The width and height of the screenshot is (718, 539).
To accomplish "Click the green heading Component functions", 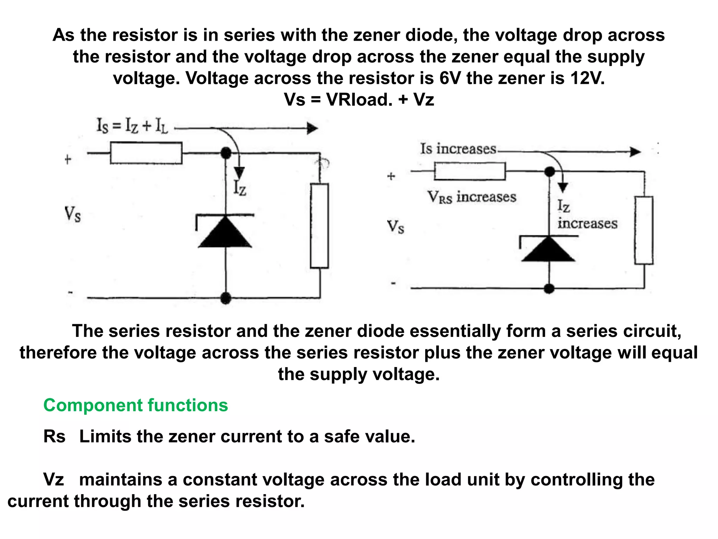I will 135,405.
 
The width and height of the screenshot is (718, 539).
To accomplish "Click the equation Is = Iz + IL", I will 133,126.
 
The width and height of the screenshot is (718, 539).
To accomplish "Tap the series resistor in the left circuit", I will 146,153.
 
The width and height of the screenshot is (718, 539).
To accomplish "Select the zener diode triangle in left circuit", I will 225,233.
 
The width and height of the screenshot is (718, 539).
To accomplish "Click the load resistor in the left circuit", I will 319,226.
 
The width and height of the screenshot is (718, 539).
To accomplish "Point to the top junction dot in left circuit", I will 226,153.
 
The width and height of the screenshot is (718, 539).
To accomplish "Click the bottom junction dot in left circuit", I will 226,298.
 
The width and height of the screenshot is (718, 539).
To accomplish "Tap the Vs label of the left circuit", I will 73,214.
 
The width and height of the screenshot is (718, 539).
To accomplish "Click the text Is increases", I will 458,149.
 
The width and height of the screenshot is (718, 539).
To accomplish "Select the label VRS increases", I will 472,197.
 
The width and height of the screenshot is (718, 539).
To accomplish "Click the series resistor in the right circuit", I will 470,171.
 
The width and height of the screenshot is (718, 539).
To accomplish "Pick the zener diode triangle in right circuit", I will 548,249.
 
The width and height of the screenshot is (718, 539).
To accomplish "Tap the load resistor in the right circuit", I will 644,230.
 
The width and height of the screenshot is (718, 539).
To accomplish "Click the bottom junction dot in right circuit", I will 549,288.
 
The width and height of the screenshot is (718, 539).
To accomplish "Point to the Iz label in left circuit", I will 240,187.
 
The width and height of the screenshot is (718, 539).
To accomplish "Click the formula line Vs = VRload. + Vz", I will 359,99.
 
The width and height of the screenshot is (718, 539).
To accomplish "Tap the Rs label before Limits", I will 54,437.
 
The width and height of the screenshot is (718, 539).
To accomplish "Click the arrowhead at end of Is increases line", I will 635,152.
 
